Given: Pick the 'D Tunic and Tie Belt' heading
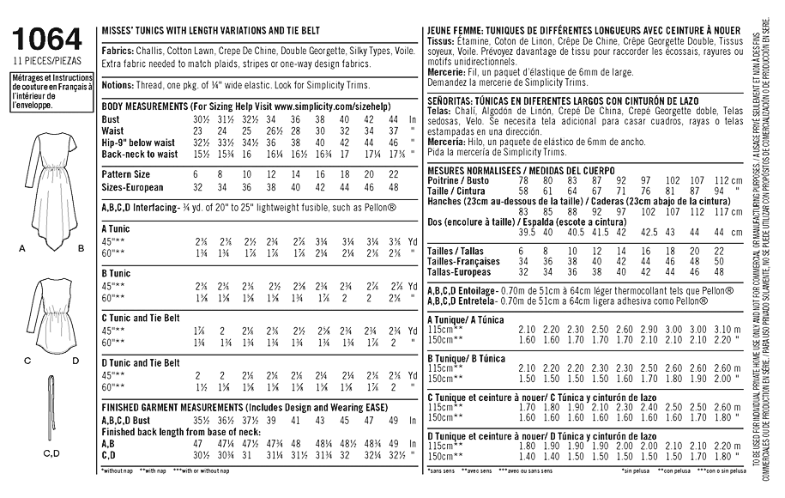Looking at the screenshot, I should click(141, 362).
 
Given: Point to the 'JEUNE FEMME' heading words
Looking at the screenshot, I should click(454, 31).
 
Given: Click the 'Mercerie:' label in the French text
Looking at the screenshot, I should click(447, 73).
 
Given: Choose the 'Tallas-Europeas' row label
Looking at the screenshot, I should click(460, 270).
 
